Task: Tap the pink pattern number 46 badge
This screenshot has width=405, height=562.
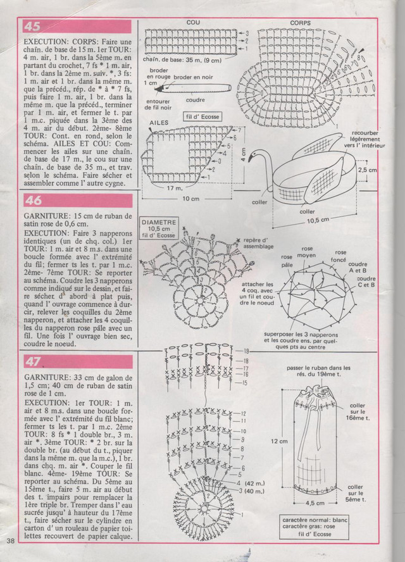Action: (x=33, y=201)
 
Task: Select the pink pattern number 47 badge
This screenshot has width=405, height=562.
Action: (x=33, y=361)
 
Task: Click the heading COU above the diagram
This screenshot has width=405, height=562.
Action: (x=193, y=22)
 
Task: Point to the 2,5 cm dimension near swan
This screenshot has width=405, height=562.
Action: (x=367, y=170)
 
